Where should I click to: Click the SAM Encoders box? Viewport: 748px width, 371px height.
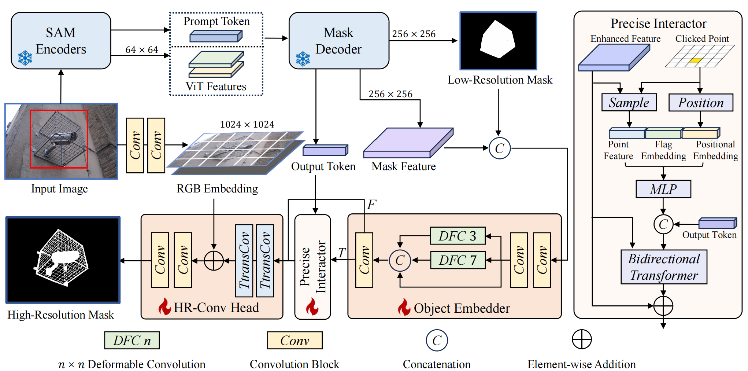[x=61, y=40]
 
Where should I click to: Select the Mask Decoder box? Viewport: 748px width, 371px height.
[x=338, y=40]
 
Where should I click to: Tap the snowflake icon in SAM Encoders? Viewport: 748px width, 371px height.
[x=25, y=58]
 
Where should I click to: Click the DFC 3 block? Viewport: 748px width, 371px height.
[x=458, y=236]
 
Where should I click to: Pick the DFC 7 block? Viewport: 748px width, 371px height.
[x=458, y=260]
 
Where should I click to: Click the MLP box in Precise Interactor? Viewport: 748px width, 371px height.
[x=663, y=189]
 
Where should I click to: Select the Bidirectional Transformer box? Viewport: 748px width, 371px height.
[x=664, y=267]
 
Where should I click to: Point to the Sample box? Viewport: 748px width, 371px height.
[x=629, y=103]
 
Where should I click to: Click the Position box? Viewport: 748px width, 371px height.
[x=700, y=103]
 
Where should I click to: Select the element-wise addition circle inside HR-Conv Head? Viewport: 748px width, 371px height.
[x=214, y=261]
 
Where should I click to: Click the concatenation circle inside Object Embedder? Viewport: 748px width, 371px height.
[x=400, y=260]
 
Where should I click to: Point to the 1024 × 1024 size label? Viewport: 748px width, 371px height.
[x=247, y=125]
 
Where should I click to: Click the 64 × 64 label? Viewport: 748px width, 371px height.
[x=141, y=50]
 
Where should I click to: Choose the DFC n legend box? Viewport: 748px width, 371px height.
[x=132, y=341]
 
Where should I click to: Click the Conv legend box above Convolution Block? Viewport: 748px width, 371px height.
[x=295, y=341]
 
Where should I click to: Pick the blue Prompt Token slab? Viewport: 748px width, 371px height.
[x=216, y=36]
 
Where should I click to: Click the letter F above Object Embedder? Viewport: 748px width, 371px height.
[x=371, y=205]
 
